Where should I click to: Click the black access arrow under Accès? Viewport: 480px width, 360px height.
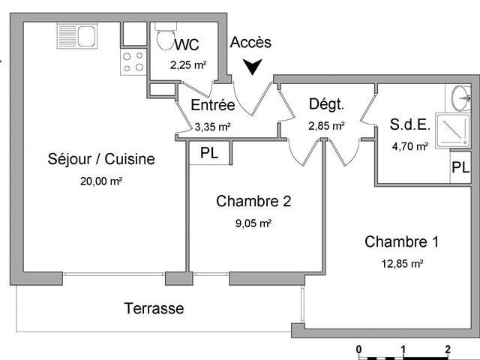tap(253, 67)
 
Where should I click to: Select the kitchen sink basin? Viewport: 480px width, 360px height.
tap(87, 36)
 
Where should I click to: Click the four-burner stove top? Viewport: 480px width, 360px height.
tap(133, 61)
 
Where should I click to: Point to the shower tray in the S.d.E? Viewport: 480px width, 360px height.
tap(453, 130)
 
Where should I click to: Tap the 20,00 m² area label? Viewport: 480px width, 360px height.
tap(101, 181)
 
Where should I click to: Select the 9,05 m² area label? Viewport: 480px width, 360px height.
tap(253, 223)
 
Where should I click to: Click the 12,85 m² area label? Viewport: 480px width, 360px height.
tap(402, 263)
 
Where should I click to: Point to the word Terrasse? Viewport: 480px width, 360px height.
tap(154, 308)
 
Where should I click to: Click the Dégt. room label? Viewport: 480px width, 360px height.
tap(327, 104)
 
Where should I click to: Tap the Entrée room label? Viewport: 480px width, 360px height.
tap(213, 105)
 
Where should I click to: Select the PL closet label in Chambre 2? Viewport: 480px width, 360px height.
tap(209, 153)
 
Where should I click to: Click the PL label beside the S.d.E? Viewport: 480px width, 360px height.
tap(460, 167)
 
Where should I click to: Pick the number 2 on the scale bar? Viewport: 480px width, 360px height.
tap(448, 349)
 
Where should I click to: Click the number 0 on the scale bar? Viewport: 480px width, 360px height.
tap(358, 349)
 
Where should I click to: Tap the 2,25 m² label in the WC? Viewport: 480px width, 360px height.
tap(188, 65)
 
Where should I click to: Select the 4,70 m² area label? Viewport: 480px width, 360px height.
tap(410, 146)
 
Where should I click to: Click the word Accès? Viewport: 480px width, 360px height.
tap(250, 42)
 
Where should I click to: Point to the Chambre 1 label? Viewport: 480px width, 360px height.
tap(402, 241)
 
